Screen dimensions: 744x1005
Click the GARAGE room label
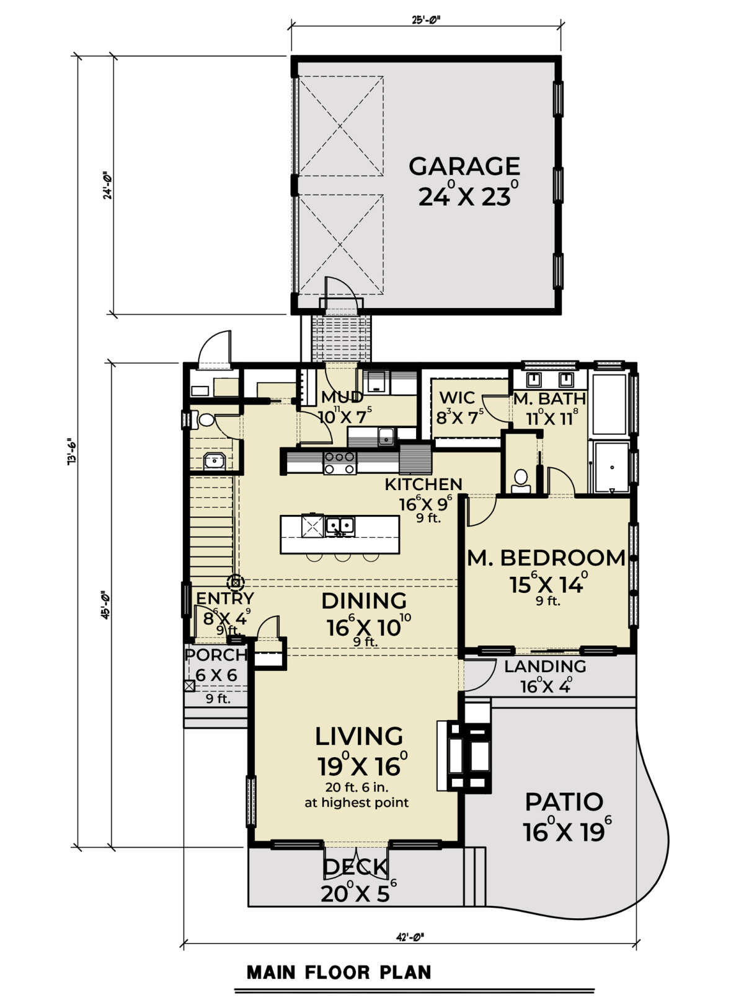464,166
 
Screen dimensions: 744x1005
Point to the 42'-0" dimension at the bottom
409,937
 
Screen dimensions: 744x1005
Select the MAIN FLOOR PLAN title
339,972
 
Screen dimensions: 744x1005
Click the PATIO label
564,802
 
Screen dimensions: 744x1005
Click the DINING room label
363,601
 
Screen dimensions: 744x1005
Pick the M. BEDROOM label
546,558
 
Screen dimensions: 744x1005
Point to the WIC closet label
457,398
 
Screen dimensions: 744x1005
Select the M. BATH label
549,398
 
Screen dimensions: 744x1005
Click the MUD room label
342,397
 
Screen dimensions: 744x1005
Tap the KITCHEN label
423,484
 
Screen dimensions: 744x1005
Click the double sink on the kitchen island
340,526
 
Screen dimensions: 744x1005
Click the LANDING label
545,666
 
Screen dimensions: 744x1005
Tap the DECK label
355,867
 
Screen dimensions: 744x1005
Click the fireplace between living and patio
464,756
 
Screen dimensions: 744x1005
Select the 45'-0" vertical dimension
105,605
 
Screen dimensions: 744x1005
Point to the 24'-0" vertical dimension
107,185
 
